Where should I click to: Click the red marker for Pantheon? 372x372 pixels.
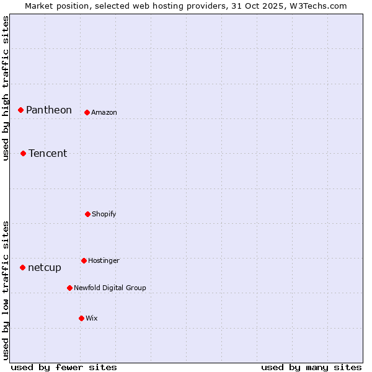[x=20, y=110]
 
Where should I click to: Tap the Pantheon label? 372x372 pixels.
[x=49, y=110]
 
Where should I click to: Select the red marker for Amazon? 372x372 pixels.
[x=87, y=112]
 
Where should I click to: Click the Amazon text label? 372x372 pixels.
[x=104, y=112]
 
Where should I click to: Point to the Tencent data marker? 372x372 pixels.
[x=23, y=153]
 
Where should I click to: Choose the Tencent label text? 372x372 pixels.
[x=48, y=153]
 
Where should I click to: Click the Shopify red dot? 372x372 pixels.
[x=87, y=214]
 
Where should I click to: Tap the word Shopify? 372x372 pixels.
[x=104, y=214]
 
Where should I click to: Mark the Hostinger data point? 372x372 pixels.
[x=84, y=260]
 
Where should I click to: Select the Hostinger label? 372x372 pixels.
[x=104, y=260]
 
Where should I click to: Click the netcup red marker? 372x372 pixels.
[x=22, y=267]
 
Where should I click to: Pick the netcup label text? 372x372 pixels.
[x=45, y=267]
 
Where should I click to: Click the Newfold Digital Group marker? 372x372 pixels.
[x=69, y=288]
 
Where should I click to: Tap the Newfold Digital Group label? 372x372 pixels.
[x=110, y=288]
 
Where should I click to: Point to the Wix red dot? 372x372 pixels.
[x=81, y=318]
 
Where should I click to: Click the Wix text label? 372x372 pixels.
[x=92, y=318]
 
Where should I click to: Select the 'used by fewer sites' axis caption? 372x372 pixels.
[x=64, y=367]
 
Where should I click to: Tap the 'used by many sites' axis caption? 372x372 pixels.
[x=311, y=367]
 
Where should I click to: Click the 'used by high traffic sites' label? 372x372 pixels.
[x=6, y=88]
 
